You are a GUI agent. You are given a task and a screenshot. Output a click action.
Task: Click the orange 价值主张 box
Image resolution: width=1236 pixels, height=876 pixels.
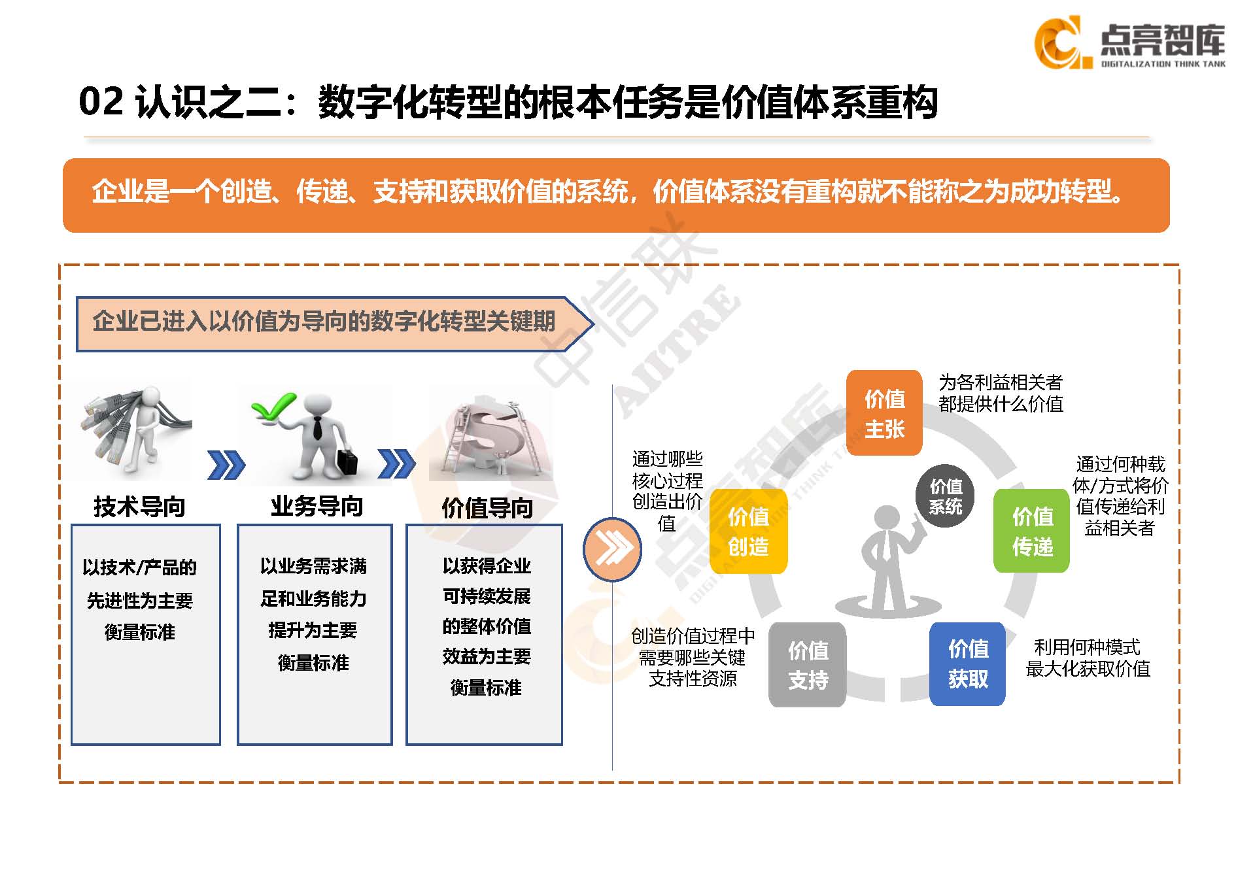[x=884, y=413]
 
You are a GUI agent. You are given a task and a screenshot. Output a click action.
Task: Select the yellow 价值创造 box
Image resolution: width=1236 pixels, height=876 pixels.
[x=748, y=531]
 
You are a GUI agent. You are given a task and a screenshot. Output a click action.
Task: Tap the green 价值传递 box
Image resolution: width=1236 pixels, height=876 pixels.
[x=1032, y=531]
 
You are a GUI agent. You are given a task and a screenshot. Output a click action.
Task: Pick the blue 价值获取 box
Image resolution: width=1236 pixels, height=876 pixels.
[x=968, y=664]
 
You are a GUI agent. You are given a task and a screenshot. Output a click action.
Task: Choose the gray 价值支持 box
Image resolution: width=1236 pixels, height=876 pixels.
[x=808, y=664]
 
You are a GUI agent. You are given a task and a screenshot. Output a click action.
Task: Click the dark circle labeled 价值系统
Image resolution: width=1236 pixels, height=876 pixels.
[x=946, y=496]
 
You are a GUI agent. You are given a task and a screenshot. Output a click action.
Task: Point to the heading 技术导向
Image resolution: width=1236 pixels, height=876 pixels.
[x=139, y=507]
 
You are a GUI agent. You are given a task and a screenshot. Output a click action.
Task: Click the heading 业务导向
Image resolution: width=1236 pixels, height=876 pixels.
[x=317, y=507]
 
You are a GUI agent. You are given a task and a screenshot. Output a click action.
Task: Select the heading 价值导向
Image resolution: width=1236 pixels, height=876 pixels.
[x=487, y=508]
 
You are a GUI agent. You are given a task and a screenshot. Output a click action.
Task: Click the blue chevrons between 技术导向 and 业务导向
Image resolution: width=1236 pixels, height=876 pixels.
[x=226, y=465]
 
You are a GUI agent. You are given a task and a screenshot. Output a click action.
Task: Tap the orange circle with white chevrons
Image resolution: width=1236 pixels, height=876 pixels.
[x=612, y=549]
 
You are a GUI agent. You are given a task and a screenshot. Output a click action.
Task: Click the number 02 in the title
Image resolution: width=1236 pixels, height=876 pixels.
[x=101, y=102]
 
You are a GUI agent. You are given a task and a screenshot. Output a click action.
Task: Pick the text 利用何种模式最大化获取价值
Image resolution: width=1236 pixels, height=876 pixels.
[x=1088, y=658]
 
